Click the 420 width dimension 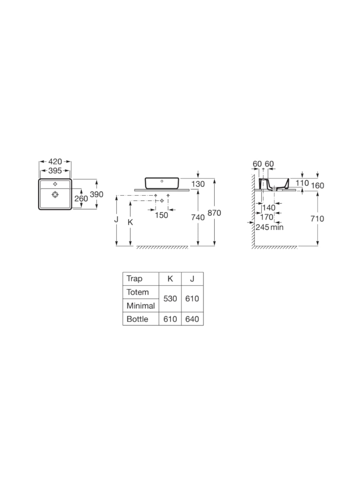[x=55, y=162]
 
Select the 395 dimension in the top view [x=55, y=170]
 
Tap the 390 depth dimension [x=96, y=194]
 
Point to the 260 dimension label [x=81, y=198]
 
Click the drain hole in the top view [x=55, y=194]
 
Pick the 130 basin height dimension [x=198, y=184]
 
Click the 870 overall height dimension [x=214, y=213]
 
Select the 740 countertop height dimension [x=198, y=217]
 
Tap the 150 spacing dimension [x=162, y=215]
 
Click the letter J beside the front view [x=116, y=219]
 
